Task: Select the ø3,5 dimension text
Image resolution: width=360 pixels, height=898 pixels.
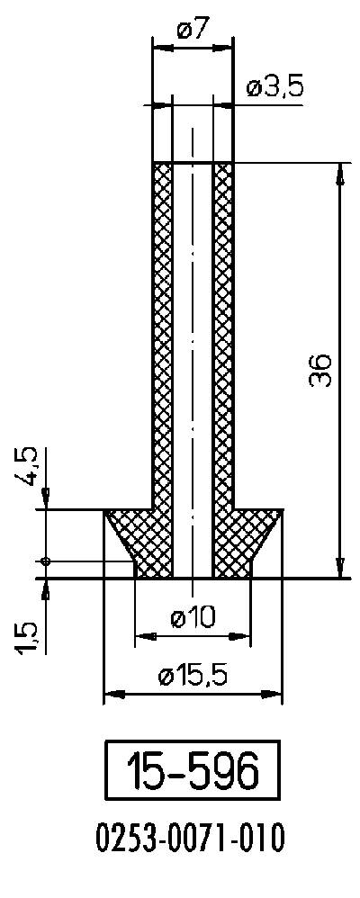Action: click(x=274, y=88)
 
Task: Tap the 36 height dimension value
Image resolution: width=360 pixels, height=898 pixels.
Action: click(x=321, y=371)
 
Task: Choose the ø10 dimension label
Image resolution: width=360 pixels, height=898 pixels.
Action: click(x=193, y=617)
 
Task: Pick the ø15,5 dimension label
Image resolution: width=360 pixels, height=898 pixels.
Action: click(x=193, y=677)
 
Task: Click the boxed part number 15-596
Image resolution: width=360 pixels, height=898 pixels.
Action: click(x=192, y=770)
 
